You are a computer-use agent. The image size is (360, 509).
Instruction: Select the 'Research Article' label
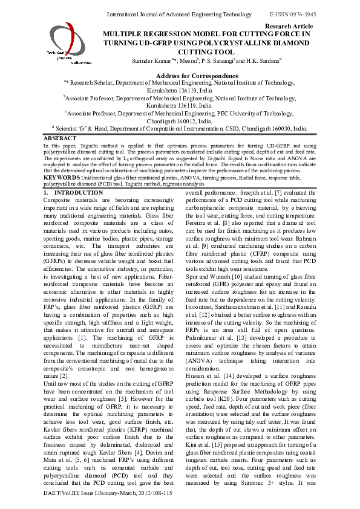click(x=289, y=27)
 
